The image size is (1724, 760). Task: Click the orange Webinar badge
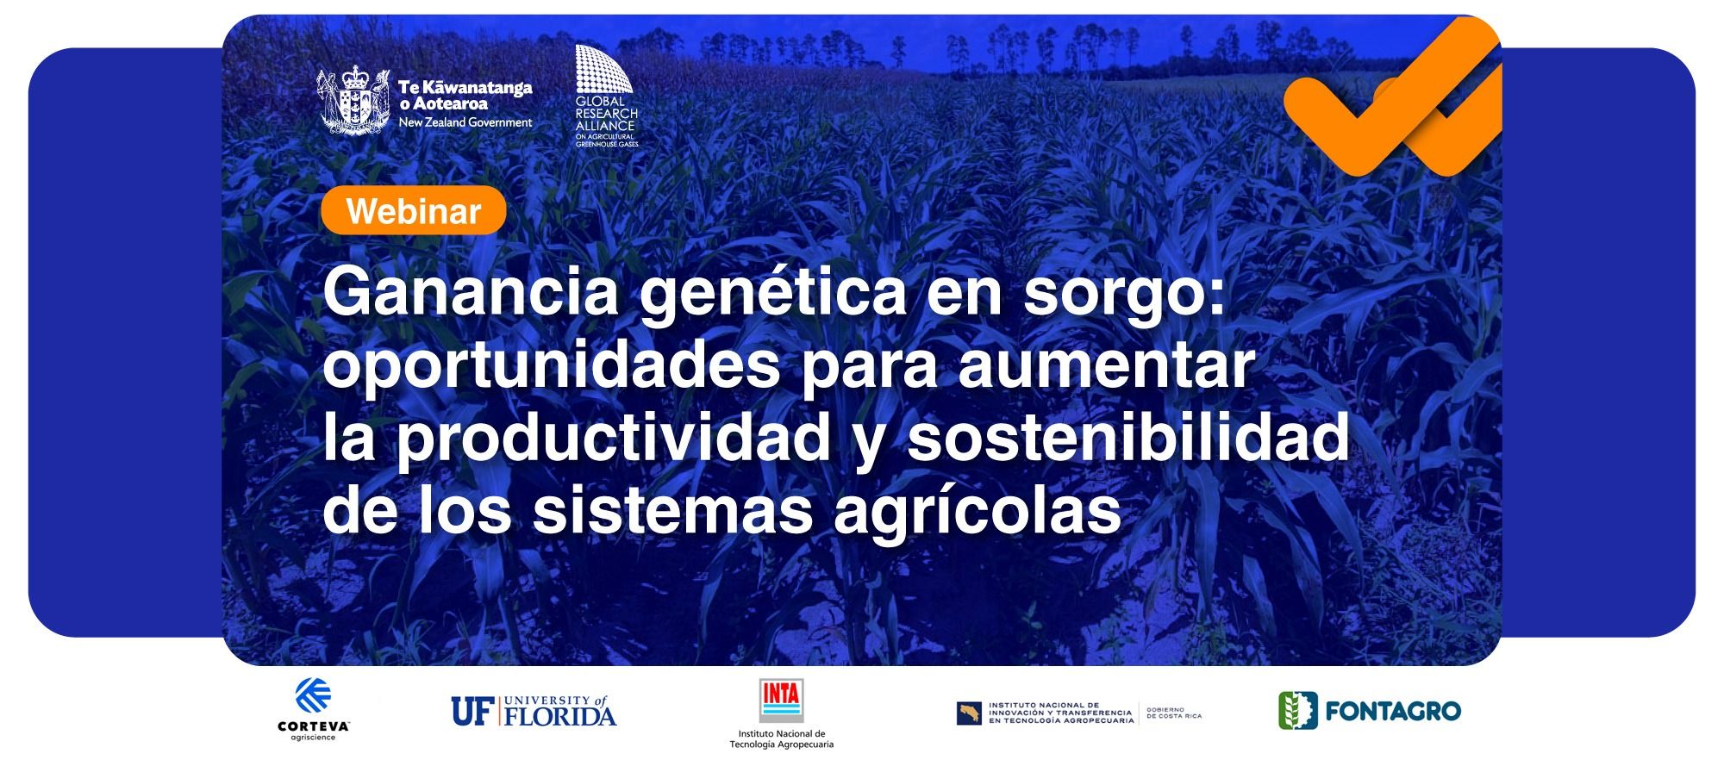(x=413, y=210)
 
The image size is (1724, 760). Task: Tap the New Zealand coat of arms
(x=352, y=101)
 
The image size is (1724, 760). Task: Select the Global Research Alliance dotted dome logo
(x=604, y=69)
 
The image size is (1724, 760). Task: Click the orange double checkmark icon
(x=1392, y=97)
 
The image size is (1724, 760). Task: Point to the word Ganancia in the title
(x=472, y=292)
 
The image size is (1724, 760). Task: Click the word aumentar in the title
(x=1106, y=367)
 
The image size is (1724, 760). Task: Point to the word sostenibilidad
(x=1128, y=438)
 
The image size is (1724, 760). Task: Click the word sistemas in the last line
(x=672, y=511)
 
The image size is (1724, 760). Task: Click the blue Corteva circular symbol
(x=314, y=695)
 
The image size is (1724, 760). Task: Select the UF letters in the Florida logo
(x=471, y=711)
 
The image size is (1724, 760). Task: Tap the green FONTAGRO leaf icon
(x=1297, y=711)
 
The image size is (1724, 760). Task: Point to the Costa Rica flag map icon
(x=969, y=713)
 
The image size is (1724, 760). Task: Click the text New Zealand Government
(x=465, y=122)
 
